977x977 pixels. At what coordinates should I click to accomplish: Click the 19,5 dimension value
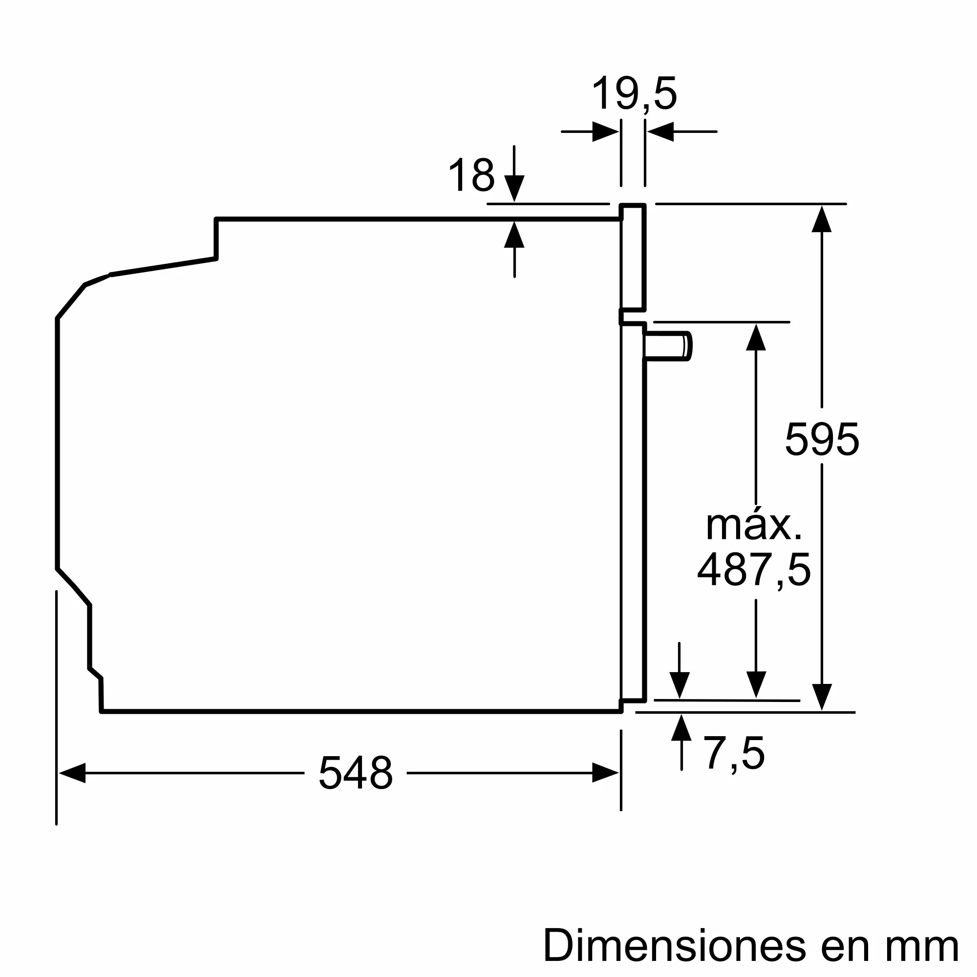coord(634,94)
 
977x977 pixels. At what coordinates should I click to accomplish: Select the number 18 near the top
coord(471,175)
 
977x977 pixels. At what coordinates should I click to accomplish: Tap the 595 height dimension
coord(822,440)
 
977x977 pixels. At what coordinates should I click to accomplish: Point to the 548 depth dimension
coord(356,773)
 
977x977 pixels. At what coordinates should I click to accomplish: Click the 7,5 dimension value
coord(734,754)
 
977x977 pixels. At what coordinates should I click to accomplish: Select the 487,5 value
coord(754,570)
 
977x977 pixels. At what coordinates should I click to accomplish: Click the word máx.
coord(753,526)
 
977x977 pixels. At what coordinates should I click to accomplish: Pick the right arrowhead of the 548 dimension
coord(605,773)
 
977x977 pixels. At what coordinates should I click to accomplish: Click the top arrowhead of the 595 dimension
coord(822,219)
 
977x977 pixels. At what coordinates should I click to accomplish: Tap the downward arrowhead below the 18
coord(514,188)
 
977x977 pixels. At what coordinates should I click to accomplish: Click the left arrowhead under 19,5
coord(605,132)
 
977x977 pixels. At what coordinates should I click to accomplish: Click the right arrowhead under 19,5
coord(661,132)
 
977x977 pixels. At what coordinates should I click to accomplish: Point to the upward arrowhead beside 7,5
coord(681,728)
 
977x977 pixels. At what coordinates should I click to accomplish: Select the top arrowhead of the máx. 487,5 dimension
coord(756,337)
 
